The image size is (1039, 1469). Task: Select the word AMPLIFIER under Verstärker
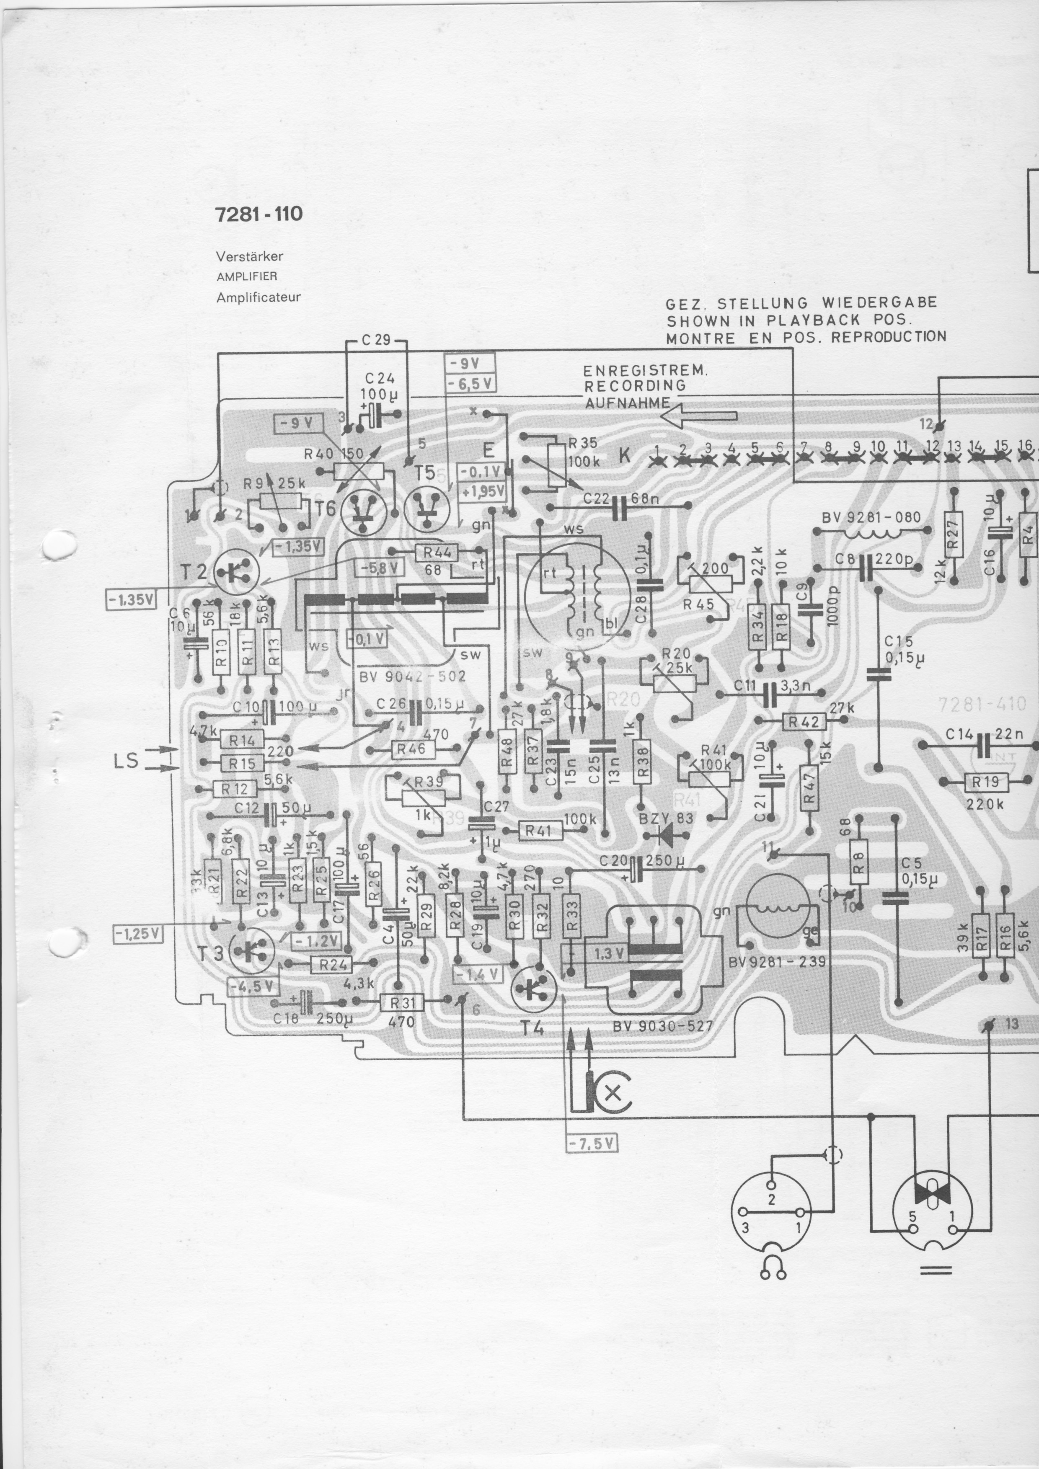point(246,276)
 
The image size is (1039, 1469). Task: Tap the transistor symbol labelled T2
point(237,571)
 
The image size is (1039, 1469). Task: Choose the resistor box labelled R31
point(402,1002)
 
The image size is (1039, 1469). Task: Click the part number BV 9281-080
point(871,517)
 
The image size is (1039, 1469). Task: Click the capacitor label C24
point(380,378)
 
